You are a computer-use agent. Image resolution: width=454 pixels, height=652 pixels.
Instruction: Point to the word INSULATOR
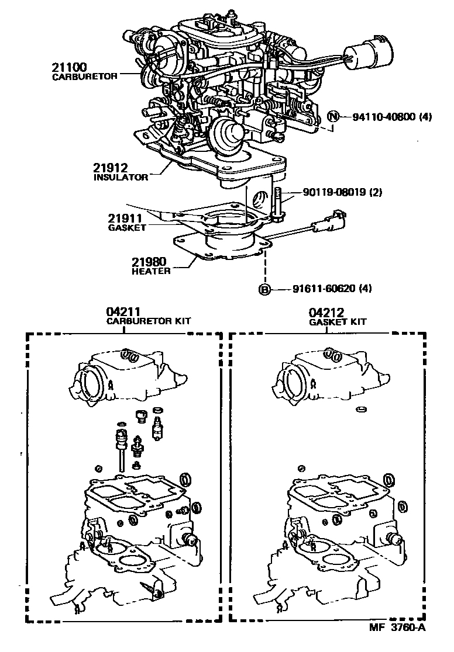(x=121, y=177)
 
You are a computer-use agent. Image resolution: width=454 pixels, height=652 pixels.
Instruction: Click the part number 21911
(x=122, y=219)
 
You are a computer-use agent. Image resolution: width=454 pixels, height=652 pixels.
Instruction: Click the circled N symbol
(x=332, y=116)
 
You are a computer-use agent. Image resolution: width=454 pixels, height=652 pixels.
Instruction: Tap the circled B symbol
(x=265, y=289)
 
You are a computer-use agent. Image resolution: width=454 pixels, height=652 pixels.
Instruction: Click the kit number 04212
(x=326, y=313)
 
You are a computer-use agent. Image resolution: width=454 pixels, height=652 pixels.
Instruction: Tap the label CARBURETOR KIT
(x=148, y=321)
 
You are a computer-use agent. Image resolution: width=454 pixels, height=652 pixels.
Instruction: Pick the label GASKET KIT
(x=338, y=322)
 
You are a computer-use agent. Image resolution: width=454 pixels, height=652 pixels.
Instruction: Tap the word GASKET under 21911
(x=127, y=228)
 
